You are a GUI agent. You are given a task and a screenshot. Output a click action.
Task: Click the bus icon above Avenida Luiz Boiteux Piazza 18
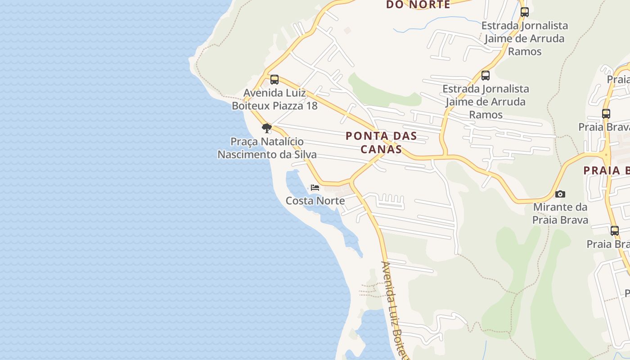pos(274,80)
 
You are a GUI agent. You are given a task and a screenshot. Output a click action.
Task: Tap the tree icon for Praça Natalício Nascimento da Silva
pos(267,128)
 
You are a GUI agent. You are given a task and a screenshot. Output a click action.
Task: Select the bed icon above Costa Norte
pos(315,187)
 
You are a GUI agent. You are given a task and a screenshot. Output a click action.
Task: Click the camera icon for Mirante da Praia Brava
pos(560,194)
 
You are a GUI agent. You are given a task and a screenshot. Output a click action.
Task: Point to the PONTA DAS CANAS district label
pos(381,142)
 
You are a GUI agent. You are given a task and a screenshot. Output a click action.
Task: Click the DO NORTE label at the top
pos(418,5)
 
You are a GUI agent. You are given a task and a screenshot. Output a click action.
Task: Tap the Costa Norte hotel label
pos(315,201)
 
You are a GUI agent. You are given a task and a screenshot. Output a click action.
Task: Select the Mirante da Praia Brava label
pos(560,214)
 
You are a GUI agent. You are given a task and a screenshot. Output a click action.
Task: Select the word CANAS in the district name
pos(381,149)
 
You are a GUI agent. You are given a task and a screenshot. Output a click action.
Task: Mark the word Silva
pos(305,155)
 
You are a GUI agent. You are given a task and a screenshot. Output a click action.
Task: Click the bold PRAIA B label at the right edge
pos(607,171)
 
